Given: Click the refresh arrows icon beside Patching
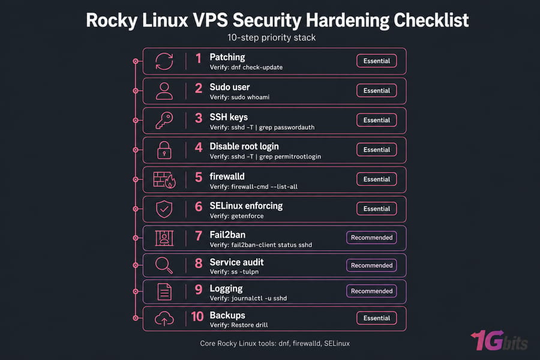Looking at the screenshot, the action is point(164,61).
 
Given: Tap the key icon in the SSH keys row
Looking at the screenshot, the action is point(164,121).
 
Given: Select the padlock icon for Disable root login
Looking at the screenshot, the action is point(164,150).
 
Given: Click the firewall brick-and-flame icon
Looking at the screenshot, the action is point(164,180).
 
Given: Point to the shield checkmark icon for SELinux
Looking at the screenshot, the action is point(164,209).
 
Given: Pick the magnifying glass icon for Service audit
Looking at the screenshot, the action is point(164,265).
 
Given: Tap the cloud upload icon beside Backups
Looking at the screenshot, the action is point(164,319).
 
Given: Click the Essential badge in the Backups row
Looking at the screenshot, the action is point(376,318).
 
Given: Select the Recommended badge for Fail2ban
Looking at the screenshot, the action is point(371,238).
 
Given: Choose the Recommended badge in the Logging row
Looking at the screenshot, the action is point(371,291).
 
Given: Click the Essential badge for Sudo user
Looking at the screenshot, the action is point(376,91).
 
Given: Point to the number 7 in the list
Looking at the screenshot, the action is point(199,236).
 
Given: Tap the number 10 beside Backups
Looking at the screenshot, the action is point(197,316).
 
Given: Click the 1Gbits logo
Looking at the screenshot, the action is point(499,341).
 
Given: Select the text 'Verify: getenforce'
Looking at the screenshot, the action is point(236,216).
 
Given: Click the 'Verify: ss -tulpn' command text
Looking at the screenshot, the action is point(234,271).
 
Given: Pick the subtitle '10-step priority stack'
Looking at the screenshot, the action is point(271,38).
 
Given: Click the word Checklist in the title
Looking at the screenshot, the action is point(431,20).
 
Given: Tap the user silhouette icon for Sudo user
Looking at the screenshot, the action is point(164,91).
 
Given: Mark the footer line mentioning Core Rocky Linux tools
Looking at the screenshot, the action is point(275,343).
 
